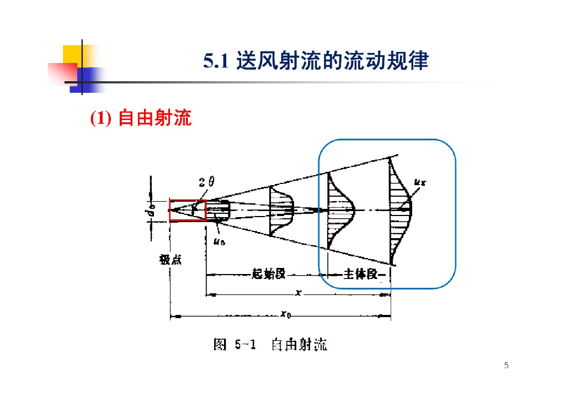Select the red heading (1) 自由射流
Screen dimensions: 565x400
pyautogui.click(x=141, y=118)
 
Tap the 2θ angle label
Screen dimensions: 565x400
pyautogui.click(x=206, y=182)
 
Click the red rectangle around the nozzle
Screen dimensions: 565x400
pyautogui.click(x=188, y=210)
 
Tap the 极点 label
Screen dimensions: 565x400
pyautogui.click(x=170, y=260)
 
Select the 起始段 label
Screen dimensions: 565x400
pyautogui.click(x=268, y=273)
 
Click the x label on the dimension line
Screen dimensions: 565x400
pyautogui.click(x=298, y=293)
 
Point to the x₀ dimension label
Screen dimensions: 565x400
pyautogui.click(x=285, y=315)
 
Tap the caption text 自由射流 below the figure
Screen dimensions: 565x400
pyautogui.click(x=299, y=345)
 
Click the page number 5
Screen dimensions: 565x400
pyautogui.click(x=507, y=365)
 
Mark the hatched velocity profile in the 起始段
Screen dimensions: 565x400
pyautogui.click(x=280, y=210)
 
